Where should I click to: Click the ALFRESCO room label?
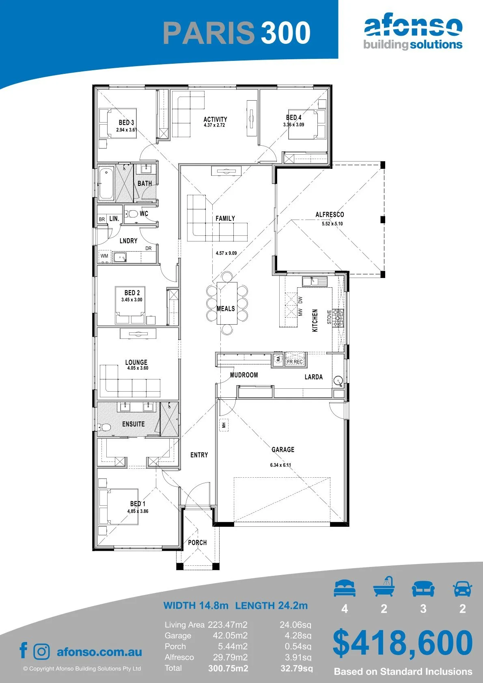330,214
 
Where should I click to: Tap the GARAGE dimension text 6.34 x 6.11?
280,465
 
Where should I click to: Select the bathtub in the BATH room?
106,183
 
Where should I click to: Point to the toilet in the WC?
132,214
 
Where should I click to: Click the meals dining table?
227,303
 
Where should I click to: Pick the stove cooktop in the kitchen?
338,318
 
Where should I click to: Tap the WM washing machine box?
104,256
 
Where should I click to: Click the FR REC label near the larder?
295,362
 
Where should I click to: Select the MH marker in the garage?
224,425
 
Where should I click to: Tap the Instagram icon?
41,652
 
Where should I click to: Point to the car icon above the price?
463,588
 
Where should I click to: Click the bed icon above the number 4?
345,588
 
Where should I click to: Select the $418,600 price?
403,643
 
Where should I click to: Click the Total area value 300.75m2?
228,668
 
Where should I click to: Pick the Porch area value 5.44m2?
233,646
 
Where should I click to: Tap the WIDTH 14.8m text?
196,605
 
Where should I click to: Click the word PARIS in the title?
209,32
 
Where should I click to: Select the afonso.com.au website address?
99,652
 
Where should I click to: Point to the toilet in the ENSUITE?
104,427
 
